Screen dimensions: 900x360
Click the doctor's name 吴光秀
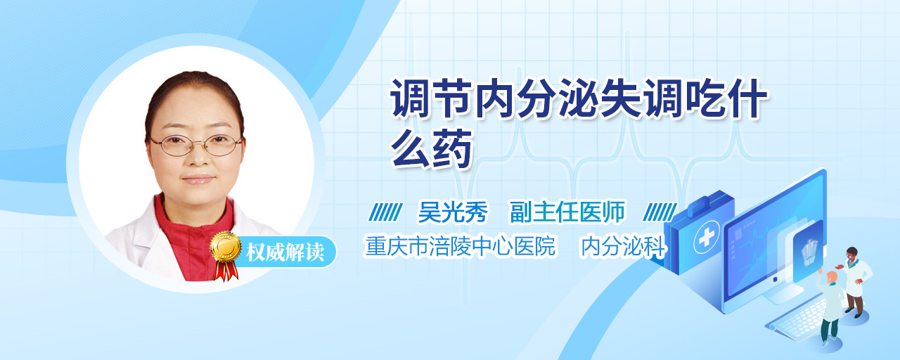[453, 212]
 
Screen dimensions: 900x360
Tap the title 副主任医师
[567, 212]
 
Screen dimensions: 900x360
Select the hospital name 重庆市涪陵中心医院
[461, 246]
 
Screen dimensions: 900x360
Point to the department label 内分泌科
[623, 246]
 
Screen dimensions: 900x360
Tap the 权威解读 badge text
[285, 252]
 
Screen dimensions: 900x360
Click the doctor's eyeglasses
[195, 145]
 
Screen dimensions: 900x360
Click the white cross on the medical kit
[707, 237]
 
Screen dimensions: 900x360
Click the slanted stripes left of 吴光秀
[385, 212]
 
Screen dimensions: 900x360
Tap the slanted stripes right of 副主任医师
[660, 212]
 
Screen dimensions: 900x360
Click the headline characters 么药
[431, 148]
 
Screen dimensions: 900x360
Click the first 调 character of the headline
[410, 98]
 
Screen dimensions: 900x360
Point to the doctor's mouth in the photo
[198, 179]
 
